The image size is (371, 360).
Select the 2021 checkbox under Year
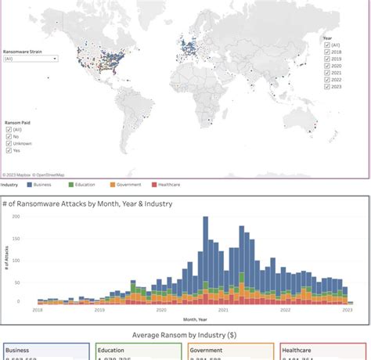tap(326, 73)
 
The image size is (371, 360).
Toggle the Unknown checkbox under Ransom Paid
tap(9, 142)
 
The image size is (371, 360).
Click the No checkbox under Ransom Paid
tap(9, 136)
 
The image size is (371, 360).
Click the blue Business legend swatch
tap(29, 185)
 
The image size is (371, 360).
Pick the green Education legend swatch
tap(70, 185)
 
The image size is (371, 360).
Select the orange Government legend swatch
tap(113, 185)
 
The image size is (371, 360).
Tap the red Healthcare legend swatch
tap(154, 185)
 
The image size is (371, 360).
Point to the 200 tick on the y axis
tap(16, 217)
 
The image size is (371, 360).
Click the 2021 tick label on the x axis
tap(223, 310)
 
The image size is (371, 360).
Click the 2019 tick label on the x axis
tap(99, 310)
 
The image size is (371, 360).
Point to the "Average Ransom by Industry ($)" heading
tap(185, 333)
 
